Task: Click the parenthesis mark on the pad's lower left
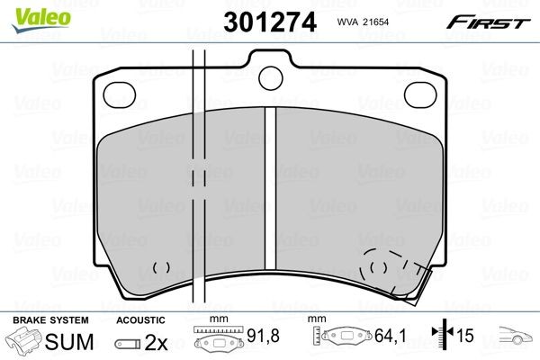[x=161, y=267]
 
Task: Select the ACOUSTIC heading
[x=139, y=319]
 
